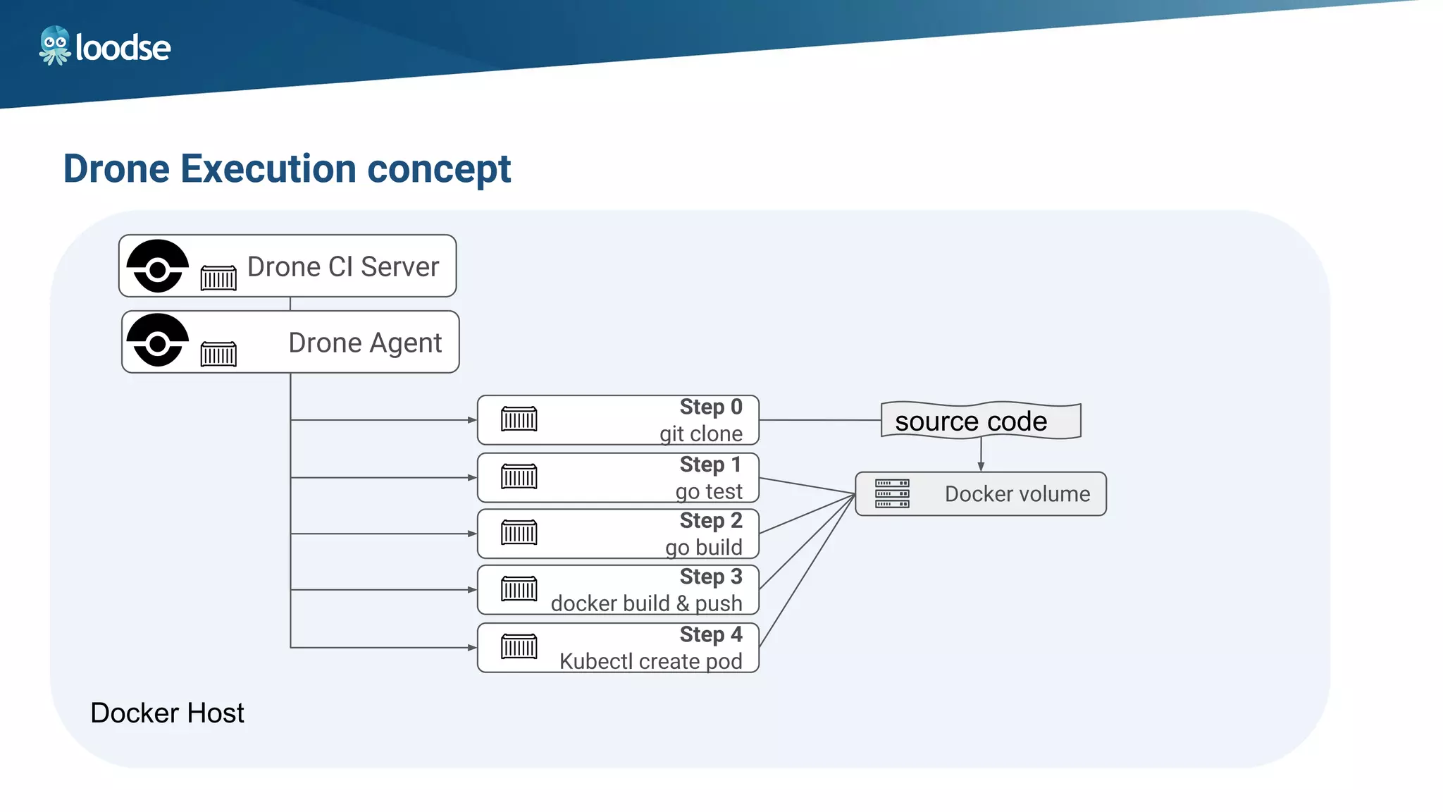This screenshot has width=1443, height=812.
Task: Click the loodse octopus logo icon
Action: (54, 46)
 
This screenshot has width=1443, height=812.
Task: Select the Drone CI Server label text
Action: (343, 267)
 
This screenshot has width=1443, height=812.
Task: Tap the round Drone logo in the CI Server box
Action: (158, 266)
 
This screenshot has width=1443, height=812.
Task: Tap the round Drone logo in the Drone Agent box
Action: (158, 341)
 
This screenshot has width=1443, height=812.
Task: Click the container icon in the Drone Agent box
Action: (218, 353)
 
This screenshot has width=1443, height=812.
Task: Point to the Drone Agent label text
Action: (365, 343)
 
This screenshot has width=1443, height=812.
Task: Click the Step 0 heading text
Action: (710, 407)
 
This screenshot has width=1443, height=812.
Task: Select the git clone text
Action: (700, 433)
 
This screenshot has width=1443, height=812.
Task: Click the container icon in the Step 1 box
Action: (519, 476)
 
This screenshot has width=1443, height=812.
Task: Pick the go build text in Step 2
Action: (703, 548)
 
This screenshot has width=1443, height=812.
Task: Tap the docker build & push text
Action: (646, 604)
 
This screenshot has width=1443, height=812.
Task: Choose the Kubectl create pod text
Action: (650, 662)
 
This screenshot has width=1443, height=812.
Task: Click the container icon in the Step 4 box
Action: (519, 646)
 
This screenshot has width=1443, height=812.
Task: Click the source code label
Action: (971, 422)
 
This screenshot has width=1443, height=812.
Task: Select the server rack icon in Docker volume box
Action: (892, 493)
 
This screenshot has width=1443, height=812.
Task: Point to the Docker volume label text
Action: (1017, 494)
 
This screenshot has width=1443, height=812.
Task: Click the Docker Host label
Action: (167, 713)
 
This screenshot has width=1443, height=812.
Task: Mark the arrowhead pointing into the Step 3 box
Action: (472, 590)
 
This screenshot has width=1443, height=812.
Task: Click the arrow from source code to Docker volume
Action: (981, 455)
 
